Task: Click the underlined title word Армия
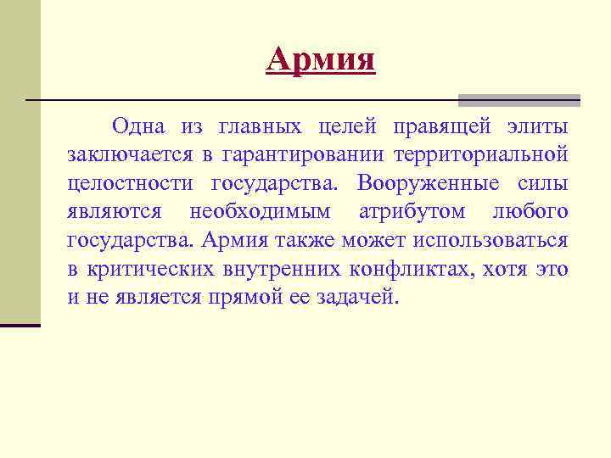click(x=320, y=60)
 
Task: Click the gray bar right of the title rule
click(x=519, y=99)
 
